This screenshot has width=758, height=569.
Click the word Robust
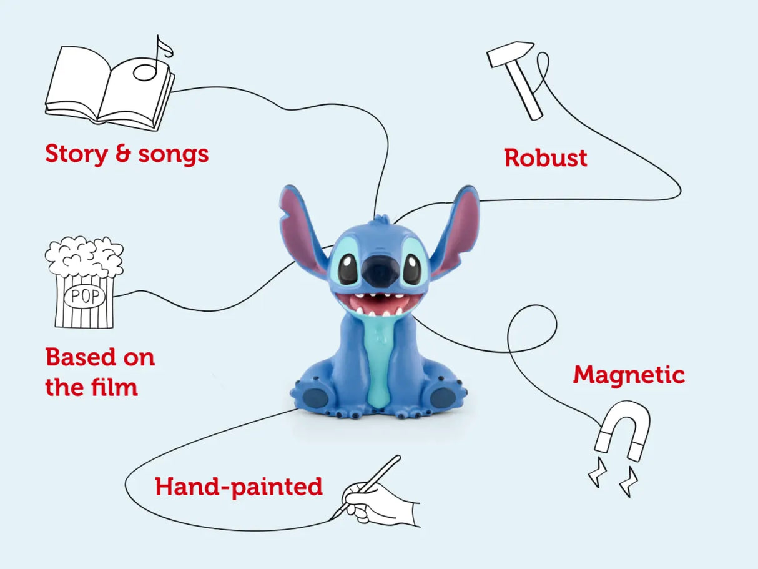point(546,158)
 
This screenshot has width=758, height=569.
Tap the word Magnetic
point(629,376)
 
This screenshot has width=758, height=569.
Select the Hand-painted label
point(239,487)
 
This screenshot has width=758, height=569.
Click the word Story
point(76,154)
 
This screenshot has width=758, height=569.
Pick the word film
point(114,387)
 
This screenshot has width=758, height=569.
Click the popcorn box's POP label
point(85,296)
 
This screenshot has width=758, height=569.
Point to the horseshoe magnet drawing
point(622,430)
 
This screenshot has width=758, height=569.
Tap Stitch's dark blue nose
point(379,272)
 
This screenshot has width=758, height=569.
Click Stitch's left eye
point(347,269)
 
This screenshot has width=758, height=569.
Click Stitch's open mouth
point(379,304)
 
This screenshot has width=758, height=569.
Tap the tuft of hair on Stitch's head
point(382,220)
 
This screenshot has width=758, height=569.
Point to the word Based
point(81,357)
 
